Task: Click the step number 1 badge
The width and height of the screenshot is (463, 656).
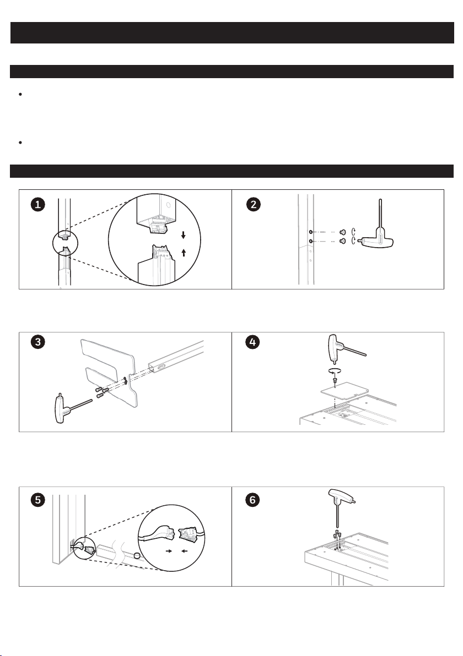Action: [x=38, y=205]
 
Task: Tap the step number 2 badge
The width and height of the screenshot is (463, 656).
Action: [x=254, y=205]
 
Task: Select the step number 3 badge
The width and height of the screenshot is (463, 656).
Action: [x=38, y=342]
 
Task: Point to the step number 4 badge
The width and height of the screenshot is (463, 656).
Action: [x=252, y=342]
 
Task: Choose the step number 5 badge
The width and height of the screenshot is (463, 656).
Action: [x=38, y=500]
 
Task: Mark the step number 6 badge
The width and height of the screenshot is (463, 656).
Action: [x=252, y=500]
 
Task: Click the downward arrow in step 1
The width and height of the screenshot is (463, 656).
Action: [x=183, y=235]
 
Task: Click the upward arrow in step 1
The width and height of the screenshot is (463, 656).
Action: [x=183, y=253]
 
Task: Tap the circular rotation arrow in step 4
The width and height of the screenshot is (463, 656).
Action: [x=335, y=370]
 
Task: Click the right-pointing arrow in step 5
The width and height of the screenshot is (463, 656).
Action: [x=169, y=551]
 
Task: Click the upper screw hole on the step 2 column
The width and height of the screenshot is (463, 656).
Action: [x=310, y=232]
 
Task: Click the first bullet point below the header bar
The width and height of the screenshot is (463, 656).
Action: [x=20, y=95]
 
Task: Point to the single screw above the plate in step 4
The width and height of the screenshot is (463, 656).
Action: [x=335, y=380]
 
